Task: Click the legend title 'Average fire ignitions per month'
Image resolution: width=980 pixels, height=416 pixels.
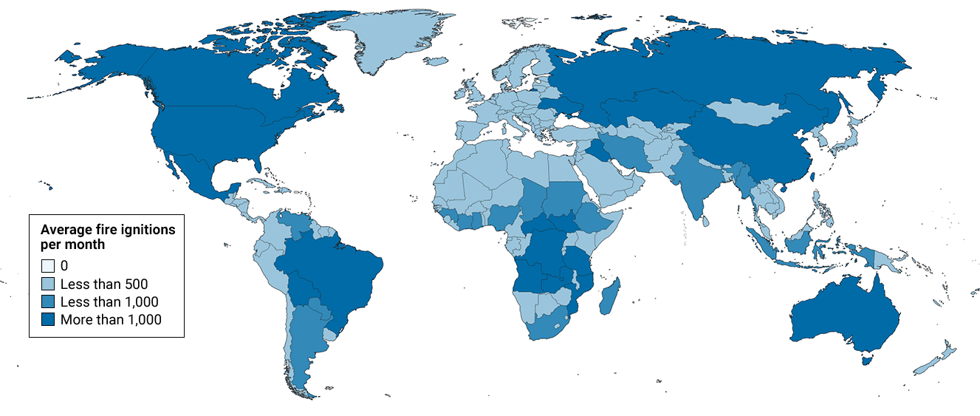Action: coord(107,236)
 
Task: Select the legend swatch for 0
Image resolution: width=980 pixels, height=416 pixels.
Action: coord(48,266)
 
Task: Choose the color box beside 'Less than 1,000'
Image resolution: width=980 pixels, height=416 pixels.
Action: coord(48,301)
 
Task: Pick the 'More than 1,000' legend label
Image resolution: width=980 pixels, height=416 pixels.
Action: coord(111,319)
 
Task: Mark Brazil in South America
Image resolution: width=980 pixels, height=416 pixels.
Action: coord(332,273)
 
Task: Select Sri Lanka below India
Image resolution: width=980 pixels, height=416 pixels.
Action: coord(707,220)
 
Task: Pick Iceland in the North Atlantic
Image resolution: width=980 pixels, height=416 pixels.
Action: coord(437,62)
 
